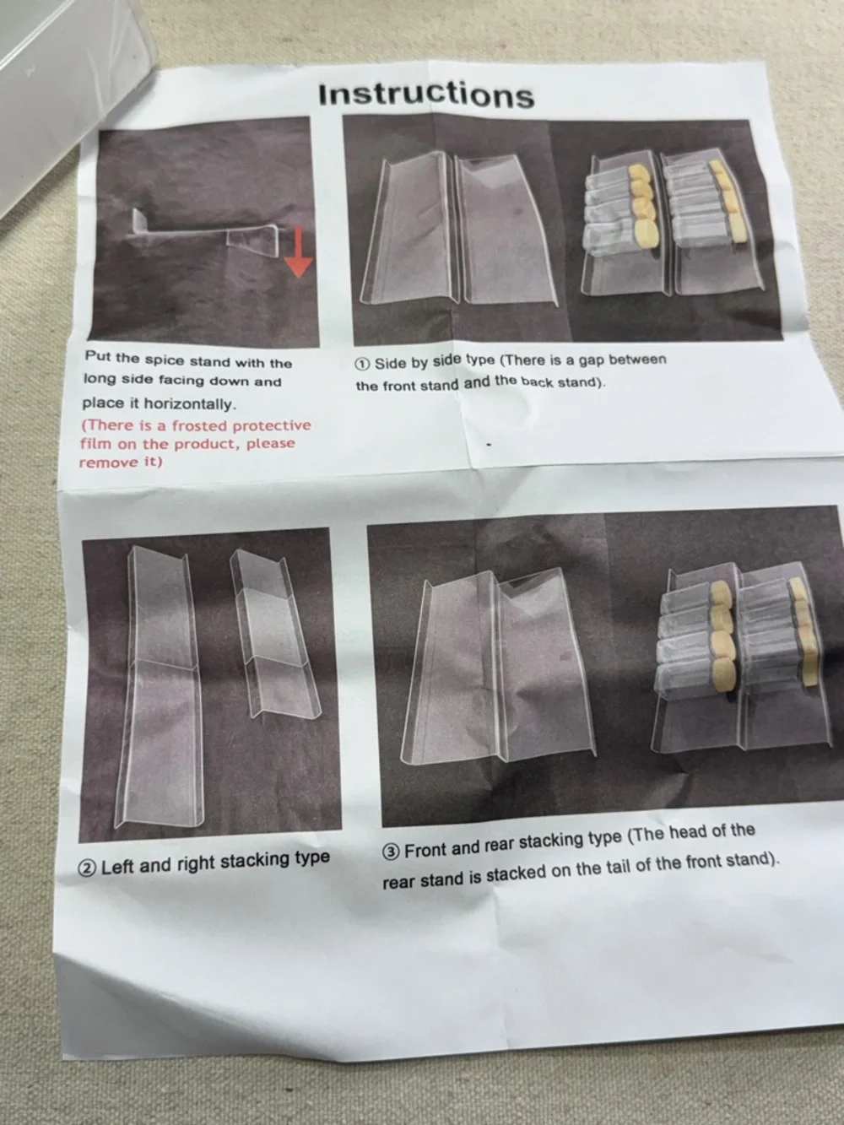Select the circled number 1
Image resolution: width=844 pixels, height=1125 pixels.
click(x=362, y=364)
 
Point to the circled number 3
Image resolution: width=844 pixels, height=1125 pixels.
click(x=391, y=852)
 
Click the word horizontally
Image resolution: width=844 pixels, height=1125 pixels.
click(x=189, y=404)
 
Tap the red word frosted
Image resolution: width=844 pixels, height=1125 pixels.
click(x=200, y=425)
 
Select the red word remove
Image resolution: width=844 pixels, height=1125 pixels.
click(x=101, y=462)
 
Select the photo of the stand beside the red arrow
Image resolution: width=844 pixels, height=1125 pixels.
click(x=204, y=231)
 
